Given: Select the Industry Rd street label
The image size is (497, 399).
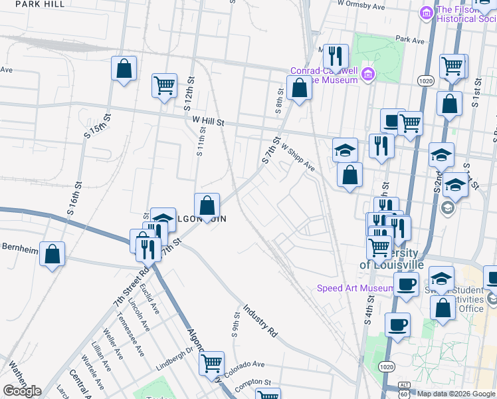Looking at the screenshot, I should click(x=260, y=320).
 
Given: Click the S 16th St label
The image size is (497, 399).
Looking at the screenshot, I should click(x=74, y=197).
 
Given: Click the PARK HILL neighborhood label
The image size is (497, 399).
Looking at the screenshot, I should click(x=40, y=4).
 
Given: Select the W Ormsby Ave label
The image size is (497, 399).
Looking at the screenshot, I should click(x=361, y=5).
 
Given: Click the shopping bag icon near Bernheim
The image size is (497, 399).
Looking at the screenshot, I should click(x=52, y=254).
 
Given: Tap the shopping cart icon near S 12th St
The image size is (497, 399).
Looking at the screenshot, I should click(x=164, y=85).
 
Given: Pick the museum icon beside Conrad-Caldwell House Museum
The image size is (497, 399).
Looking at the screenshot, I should click(x=367, y=75).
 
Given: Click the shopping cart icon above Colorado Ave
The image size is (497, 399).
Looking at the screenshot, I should click(x=212, y=363).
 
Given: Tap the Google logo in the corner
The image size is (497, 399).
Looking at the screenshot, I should click(x=22, y=391).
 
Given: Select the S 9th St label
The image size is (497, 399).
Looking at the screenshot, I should click(x=235, y=325).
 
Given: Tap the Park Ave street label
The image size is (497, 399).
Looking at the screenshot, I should click(x=409, y=41).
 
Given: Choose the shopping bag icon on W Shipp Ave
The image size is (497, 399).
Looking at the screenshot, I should click(x=349, y=175).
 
